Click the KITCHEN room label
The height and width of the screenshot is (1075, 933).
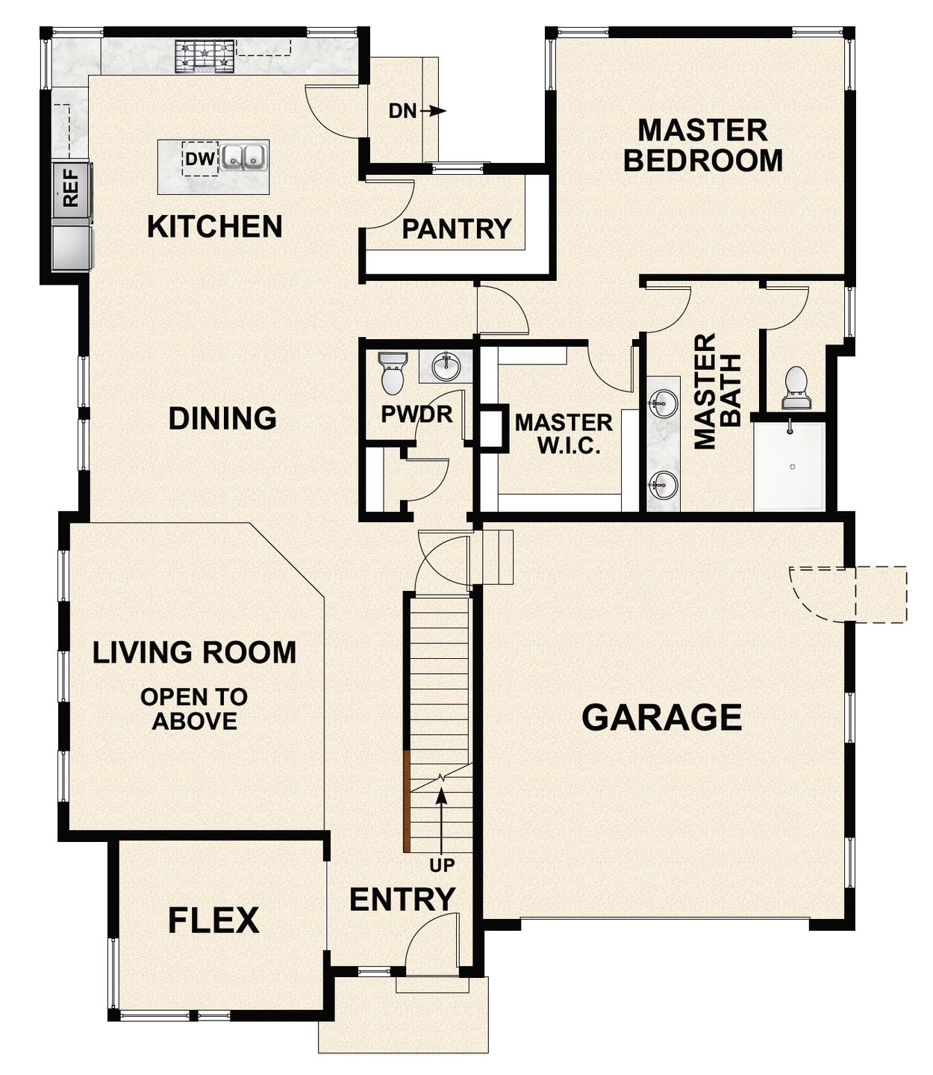(214, 226)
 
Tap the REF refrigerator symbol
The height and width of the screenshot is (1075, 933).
(71, 188)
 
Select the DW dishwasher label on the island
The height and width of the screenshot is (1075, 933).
(199, 159)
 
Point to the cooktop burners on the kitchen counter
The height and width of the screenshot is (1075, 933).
(205, 56)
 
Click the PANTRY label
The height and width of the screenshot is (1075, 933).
(456, 229)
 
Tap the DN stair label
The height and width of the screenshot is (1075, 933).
(402, 111)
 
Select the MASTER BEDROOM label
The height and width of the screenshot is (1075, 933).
(702, 145)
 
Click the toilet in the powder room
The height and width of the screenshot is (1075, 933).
(392, 373)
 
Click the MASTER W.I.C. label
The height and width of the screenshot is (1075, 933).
(564, 434)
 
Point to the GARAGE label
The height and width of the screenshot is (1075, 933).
(661, 717)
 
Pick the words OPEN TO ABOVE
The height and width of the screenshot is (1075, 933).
(194, 709)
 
